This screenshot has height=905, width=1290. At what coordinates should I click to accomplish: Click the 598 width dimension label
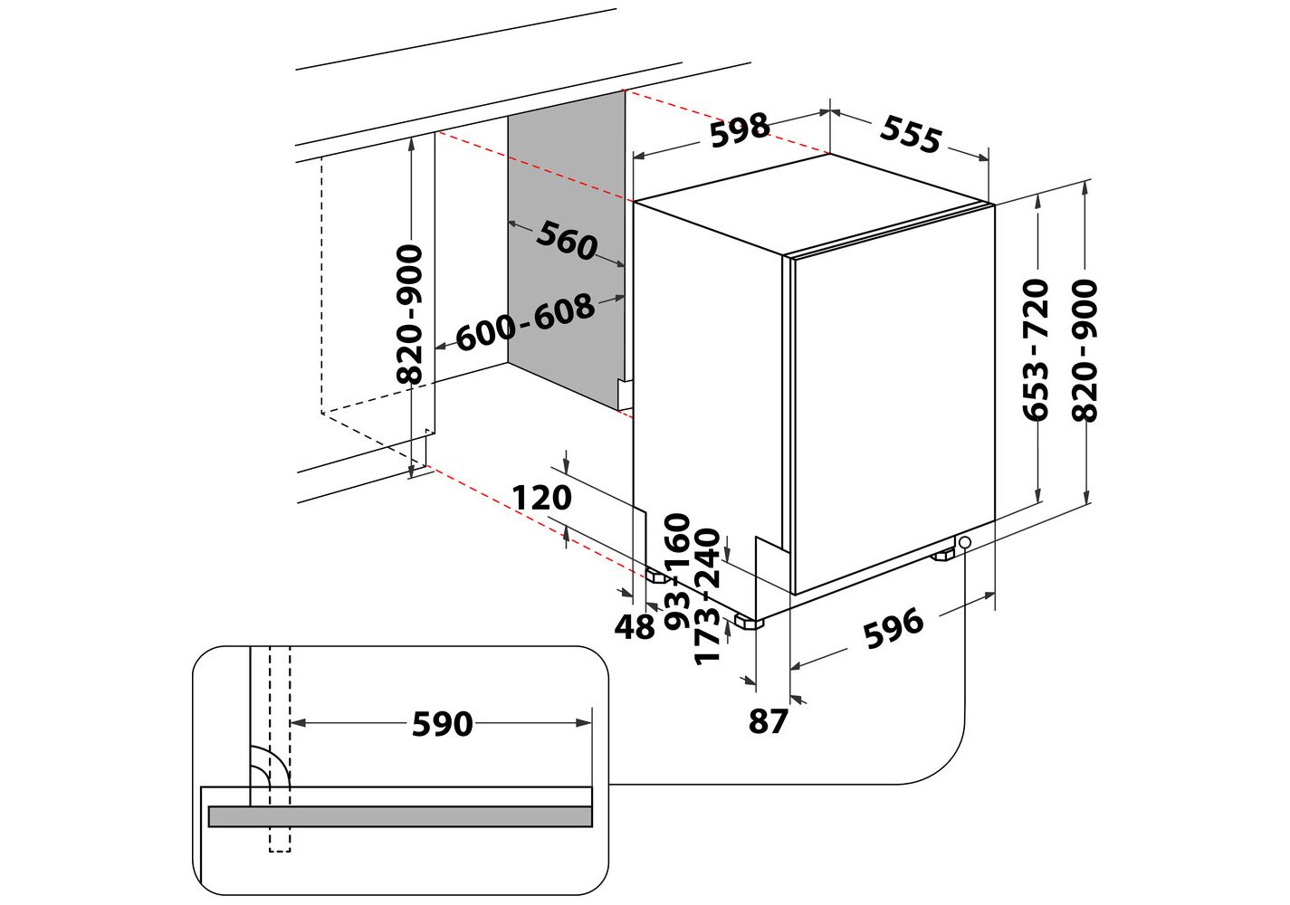pos(740,130)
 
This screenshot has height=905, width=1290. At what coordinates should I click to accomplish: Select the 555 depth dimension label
pos(911,134)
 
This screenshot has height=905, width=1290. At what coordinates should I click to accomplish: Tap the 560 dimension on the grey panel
pos(567,240)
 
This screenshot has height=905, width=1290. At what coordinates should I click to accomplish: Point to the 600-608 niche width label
pos(525,321)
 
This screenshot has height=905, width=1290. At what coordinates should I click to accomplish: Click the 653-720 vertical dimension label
pos(1035,349)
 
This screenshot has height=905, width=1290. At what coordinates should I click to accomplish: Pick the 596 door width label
pos(893,627)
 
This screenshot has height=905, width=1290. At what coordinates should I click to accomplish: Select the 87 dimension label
pos(768,720)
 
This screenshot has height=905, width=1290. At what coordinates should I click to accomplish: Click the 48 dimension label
pos(635,626)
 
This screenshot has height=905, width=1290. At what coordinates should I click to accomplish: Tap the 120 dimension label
pos(541,498)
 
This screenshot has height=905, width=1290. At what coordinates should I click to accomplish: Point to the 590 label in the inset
pos(443,724)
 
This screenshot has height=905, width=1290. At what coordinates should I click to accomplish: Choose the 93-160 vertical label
pos(677,571)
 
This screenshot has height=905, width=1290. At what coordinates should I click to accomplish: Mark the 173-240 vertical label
pos(707,596)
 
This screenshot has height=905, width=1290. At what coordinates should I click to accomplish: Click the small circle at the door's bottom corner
pos(965,542)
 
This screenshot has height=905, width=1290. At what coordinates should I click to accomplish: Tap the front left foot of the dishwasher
pos(749,622)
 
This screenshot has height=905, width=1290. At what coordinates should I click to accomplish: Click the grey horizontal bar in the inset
pos(400,816)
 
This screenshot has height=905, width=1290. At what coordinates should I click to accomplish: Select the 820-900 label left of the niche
pos(409,314)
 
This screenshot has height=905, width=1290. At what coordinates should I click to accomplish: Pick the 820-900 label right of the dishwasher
pos(1085,350)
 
